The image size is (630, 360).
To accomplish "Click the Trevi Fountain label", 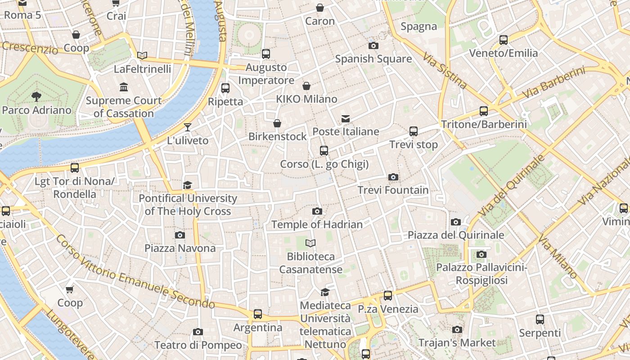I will click(393, 190).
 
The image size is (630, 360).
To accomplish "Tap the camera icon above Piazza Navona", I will click(180, 235).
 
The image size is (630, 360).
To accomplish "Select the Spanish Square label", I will click(373, 59).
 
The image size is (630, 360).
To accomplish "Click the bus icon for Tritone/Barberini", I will click(484, 111).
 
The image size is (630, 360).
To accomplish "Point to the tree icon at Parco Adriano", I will click(36, 96).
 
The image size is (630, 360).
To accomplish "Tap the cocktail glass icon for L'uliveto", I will click(188, 127).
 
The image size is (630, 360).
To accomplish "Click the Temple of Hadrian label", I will click(317, 224).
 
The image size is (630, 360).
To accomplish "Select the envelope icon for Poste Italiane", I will click(346, 119).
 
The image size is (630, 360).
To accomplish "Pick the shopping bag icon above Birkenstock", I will click(277, 123).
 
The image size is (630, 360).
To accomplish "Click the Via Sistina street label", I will click(445, 70).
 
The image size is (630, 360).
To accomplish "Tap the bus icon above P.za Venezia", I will click(388, 296).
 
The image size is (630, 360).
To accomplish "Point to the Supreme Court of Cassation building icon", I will click(124, 87).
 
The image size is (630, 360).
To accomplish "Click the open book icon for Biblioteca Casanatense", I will click(310, 243).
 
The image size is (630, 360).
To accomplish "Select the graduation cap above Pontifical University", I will click(188, 185).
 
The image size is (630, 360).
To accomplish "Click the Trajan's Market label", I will click(457, 343).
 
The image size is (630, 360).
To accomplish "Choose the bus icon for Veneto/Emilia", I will click(504, 40).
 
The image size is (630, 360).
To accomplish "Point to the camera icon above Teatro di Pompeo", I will click(198, 332).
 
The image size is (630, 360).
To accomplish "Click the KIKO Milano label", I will click(306, 99).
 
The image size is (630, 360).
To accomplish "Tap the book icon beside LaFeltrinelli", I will click(142, 56).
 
